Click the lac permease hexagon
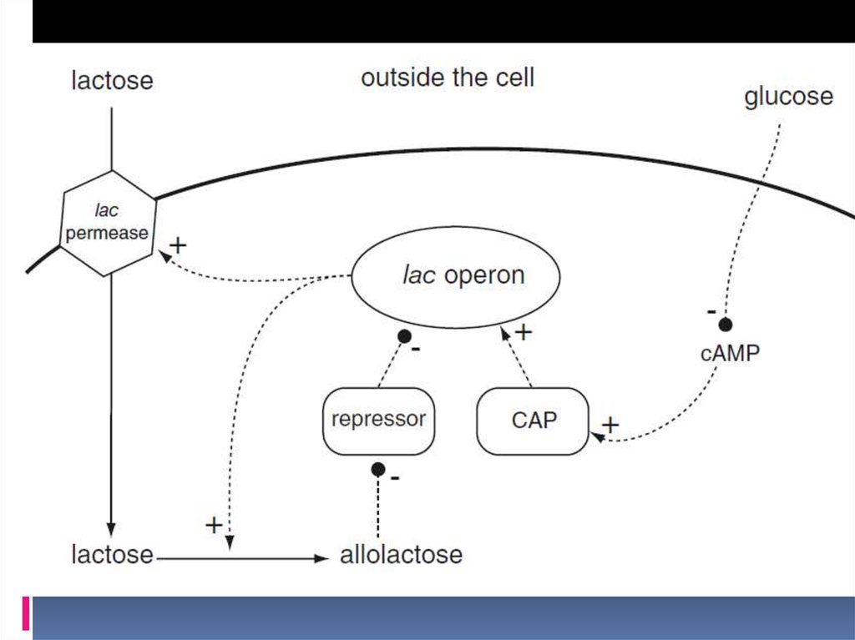(x=108, y=224)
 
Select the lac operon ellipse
(x=453, y=276)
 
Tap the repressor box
(x=378, y=420)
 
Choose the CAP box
(x=533, y=421)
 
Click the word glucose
(x=788, y=97)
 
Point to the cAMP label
(x=730, y=353)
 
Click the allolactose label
(x=401, y=555)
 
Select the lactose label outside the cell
(x=112, y=81)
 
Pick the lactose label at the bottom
(x=112, y=554)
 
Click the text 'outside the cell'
(x=448, y=78)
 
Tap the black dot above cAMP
(x=726, y=324)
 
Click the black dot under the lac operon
(x=405, y=335)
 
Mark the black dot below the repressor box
(x=378, y=469)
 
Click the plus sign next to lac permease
(x=178, y=245)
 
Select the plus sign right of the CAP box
(x=610, y=424)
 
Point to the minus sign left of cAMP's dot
(x=711, y=311)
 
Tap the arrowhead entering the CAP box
(x=595, y=435)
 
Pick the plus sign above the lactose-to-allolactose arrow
(x=214, y=525)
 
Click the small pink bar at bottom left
(x=26, y=613)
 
